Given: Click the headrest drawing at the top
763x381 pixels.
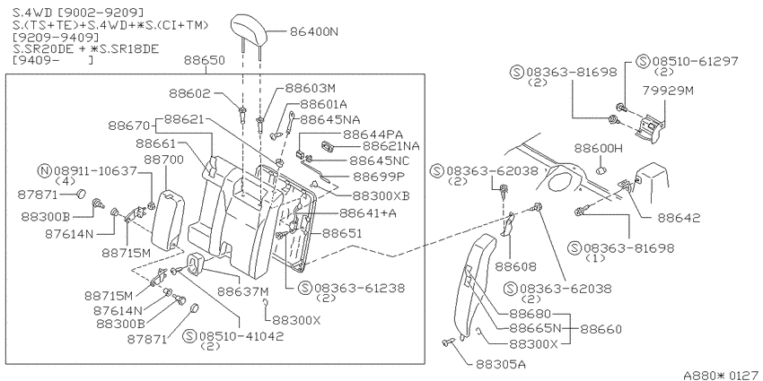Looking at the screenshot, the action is tap(250, 28).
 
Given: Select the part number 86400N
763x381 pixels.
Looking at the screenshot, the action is tap(314, 32).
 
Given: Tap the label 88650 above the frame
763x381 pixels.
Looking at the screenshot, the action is tap(205, 60).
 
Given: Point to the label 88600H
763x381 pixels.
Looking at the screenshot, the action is tap(599, 148).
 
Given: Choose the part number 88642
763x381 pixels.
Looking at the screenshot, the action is tap(679, 218).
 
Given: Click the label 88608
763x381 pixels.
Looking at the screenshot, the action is tap(515, 267).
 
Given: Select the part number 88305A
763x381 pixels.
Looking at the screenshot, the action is tap(501, 364).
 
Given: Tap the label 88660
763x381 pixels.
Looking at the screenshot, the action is tap(601, 330).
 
